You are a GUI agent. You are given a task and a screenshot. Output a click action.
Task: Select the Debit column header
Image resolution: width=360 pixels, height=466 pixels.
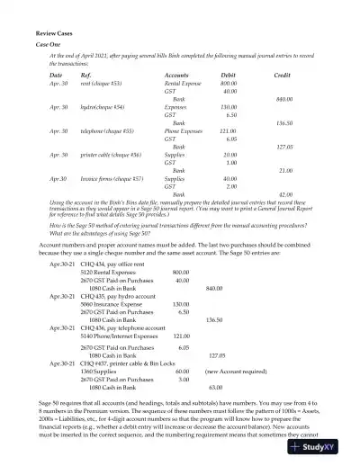coord(229,74)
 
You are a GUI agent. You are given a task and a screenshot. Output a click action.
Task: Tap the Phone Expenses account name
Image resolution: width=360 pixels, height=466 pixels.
coord(183,130)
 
